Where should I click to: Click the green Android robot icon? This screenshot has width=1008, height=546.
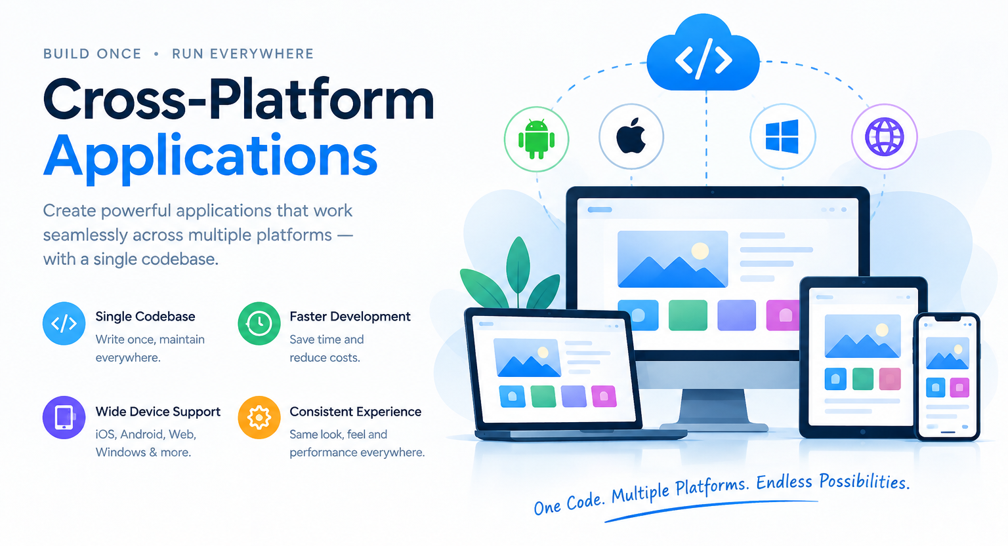pyautogui.click(x=536, y=139)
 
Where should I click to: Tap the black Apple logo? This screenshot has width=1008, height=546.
pyautogui.click(x=631, y=136)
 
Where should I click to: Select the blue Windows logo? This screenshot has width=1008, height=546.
pyautogui.click(x=782, y=136)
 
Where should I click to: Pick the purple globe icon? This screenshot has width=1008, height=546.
pyautogui.click(x=884, y=136)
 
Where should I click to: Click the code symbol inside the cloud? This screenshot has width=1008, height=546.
pyautogui.click(x=703, y=59)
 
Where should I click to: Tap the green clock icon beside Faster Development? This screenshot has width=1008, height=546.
pyautogui.click(x=259, y=324)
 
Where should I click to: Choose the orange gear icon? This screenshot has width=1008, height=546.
pyautogui.click(x=259, y=418)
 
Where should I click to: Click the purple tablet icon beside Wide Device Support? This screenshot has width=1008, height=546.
pyautogui.click(x=64, y=418)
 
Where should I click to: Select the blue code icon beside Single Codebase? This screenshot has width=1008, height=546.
pyautogui.click(x=64, y=324)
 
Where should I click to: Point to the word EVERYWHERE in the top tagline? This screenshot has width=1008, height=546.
pyautogui.click(x=261, y=54)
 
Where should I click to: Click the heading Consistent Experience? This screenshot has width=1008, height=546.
pyautogui.click(x=356, y=412)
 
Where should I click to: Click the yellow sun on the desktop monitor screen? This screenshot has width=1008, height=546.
pyautogui.click(x=700, y=251)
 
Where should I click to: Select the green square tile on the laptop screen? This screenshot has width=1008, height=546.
pyautogui.click(x=543, y=396)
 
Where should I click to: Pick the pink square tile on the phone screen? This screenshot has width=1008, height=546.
pyautogui.click(x=959, y=387)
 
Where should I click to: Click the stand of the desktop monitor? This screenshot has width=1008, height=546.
pyautogui.click(x=713, y=409)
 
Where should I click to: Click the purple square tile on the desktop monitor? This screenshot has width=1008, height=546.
pyautogui.click(x=737, y=315)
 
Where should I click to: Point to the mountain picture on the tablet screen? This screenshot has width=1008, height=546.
pyautogui.click(x=862, y=336)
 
